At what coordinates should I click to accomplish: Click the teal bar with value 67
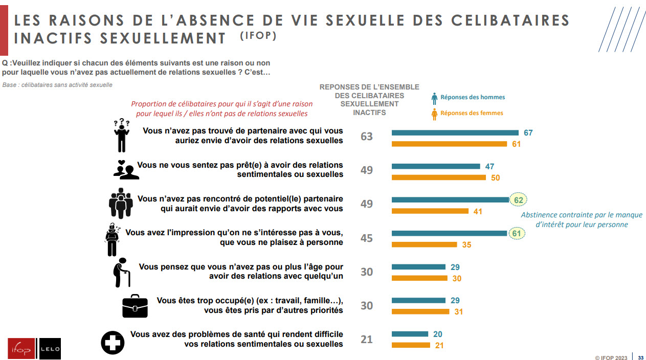click(x=455, y=133)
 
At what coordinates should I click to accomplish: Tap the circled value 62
click(x=518, y=200)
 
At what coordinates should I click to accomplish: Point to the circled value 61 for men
click(x=517, y=234)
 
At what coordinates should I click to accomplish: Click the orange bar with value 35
click(x=424, y=245)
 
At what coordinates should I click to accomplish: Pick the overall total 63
click(x=367, y=137)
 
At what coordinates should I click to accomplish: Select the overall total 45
click(x=367, y=238)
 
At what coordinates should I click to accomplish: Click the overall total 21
click(x=367, y=340)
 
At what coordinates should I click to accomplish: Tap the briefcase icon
click(x=135, y=306)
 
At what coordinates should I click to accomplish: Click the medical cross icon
click(x=113, y=342)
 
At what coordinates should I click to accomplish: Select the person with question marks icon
click(x=121, y=136)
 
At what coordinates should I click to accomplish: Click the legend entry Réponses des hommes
click(x=472, y=98)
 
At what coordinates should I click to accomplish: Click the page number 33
click(x=640, y=357)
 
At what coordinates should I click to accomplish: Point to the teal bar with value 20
click(x=410, y=334)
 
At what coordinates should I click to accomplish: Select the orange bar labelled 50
click(x=438, y=178)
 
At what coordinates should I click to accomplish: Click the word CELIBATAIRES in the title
click(x=510, y=20)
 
